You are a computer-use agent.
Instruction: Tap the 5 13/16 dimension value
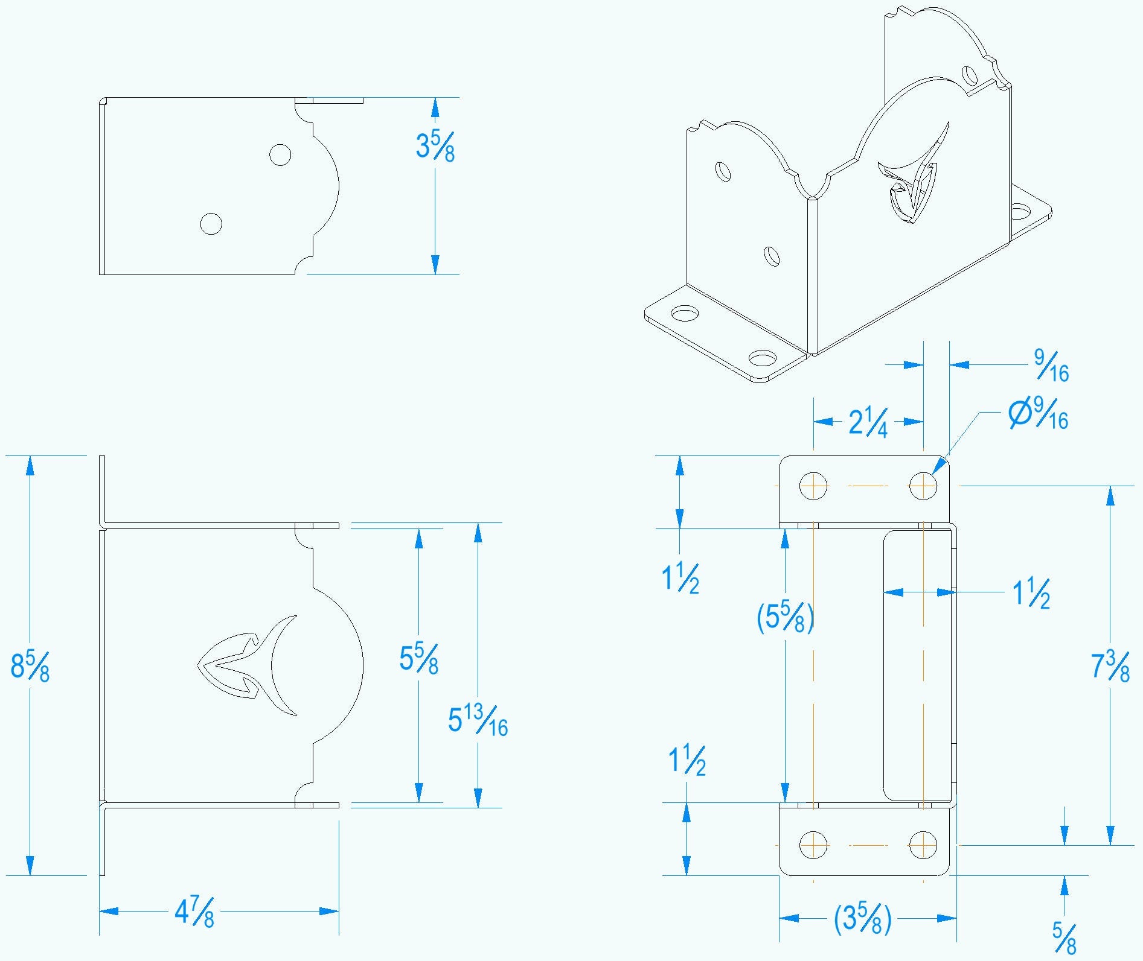[478, 720]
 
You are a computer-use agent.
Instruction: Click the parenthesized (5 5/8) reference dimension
[785, 617]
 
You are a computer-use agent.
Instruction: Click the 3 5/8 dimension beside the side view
[435, 146]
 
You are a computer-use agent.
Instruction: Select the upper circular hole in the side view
[280, 154]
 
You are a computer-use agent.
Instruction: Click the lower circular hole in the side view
[211, 224]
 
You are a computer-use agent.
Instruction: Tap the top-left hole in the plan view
[813, 486]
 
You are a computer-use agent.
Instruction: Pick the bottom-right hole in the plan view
[923, 845]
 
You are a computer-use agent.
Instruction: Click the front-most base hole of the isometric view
[763, 359]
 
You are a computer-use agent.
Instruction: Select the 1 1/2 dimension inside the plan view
[1031, 593]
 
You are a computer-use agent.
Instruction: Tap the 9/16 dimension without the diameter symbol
[1051, 366]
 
